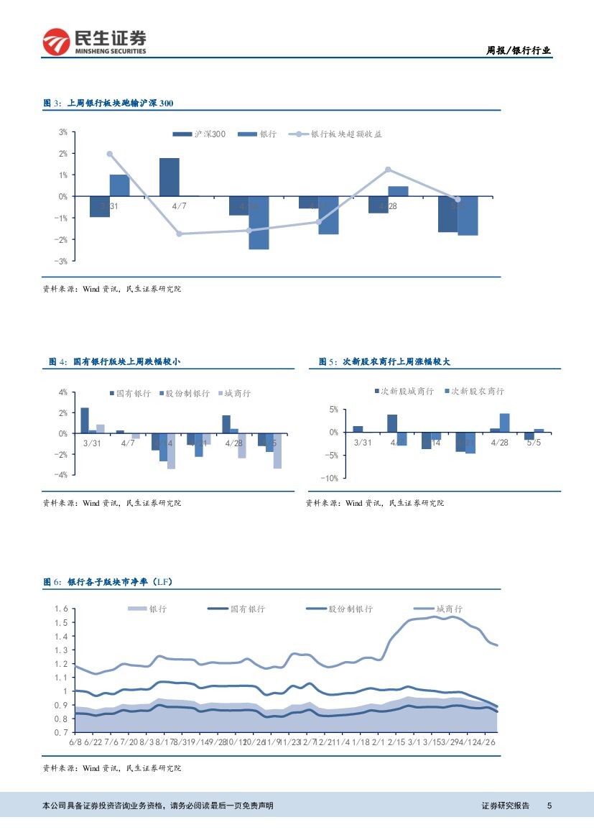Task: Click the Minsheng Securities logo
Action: [x=94, y=42]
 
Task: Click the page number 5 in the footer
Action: [x=549, y=806]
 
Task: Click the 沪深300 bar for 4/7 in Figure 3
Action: [x=169, y=177]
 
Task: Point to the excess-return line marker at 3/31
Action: [x=110, y=154]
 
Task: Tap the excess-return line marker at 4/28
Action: [x=388, y=170]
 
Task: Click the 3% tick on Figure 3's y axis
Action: [x=63, y=132]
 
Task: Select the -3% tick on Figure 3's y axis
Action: [x=62, y=261]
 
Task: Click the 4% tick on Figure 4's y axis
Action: [x=63, y=392]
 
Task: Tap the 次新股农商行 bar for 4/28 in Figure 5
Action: [x=505, y=423]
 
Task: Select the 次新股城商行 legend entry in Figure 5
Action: [x=407, y=391]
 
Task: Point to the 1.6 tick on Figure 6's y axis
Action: [x=61, y=609]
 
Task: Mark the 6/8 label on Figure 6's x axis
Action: [x=75, y=742]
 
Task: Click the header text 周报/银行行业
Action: [x=519, y=50]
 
